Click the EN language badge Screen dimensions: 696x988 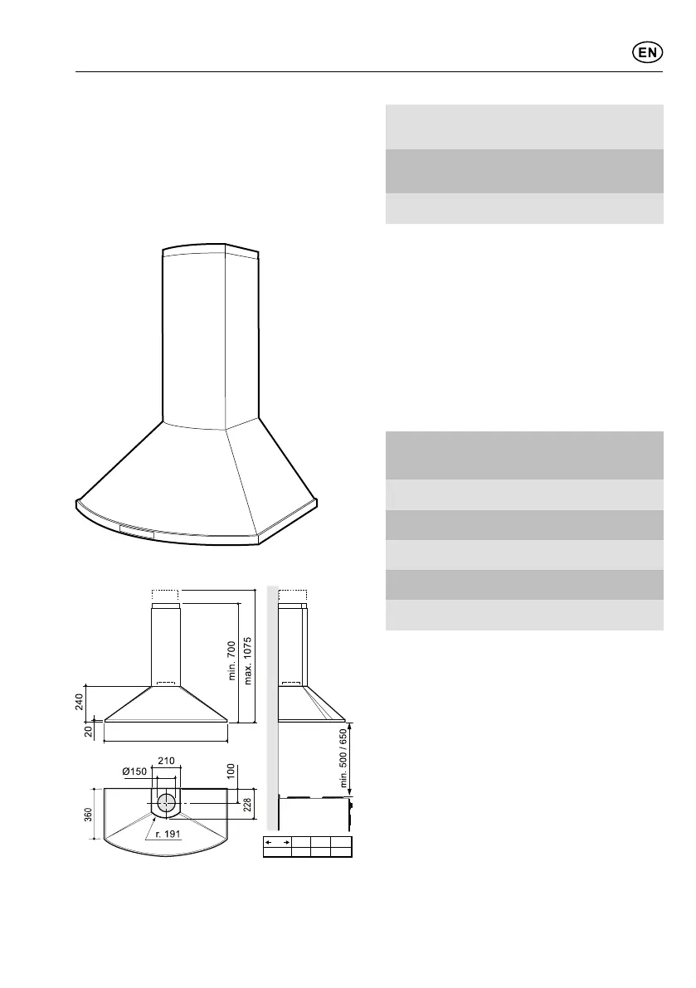click(648, 53)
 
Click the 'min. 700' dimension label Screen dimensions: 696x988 click(231, 660)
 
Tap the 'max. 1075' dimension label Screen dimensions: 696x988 click(247, 661)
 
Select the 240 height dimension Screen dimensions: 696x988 click(79, 701)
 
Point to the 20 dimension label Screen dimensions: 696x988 click(88, 731)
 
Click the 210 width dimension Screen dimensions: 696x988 click(166, 761)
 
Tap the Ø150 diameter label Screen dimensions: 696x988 click(134, 771)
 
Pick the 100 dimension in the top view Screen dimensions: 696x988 click(231, 771)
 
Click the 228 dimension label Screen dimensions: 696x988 click(247, 805)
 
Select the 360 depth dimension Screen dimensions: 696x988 click(88, 814)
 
